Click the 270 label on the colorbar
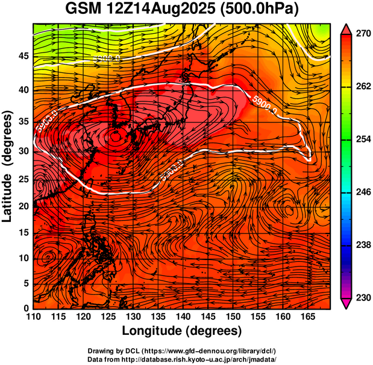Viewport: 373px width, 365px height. pos(362,34)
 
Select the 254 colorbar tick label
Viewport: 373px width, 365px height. pos(362,139)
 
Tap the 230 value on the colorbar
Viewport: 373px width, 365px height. pos(362,297)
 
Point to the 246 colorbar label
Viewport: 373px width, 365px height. pos(362,192)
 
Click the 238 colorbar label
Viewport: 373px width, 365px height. pos(362,245)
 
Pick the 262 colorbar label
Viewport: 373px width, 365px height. pos(362,87)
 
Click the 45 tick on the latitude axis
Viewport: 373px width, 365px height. pos(23,56)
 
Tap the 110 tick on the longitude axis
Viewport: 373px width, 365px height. pos(34,317)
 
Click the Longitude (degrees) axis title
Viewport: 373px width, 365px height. pos(182,331)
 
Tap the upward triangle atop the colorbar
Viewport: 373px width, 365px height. pos(346,28)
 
